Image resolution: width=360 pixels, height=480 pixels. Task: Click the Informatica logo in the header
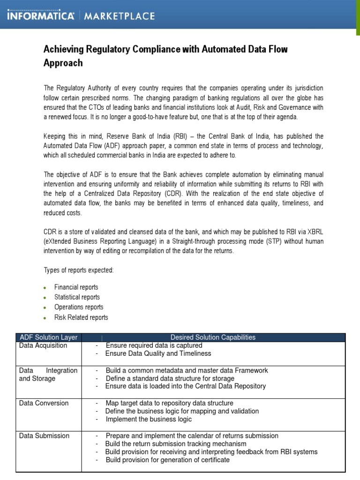(40, 16)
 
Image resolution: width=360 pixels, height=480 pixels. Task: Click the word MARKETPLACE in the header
(119, 16)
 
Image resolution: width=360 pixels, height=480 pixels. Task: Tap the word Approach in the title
(63, 63)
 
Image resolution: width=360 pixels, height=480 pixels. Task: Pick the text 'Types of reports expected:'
(79, 270)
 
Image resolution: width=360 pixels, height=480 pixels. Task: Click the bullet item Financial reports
(76, 287)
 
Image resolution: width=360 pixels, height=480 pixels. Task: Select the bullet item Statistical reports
(77, 297)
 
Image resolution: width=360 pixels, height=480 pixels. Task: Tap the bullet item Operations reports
(79, 307)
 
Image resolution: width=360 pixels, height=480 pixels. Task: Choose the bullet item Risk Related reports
(81, 317)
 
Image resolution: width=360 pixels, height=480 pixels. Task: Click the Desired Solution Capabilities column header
(213, 337)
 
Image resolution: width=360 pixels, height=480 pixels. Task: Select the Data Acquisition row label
(43, 345)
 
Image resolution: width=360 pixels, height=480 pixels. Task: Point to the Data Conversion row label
(44, 403)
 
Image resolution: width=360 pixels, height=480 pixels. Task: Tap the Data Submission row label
(44, 436)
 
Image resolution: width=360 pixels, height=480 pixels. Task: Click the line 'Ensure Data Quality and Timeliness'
(158, 353)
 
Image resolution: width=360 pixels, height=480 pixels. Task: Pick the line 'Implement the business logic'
(149, 419)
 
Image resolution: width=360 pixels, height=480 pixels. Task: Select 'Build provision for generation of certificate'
(167, 460)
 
